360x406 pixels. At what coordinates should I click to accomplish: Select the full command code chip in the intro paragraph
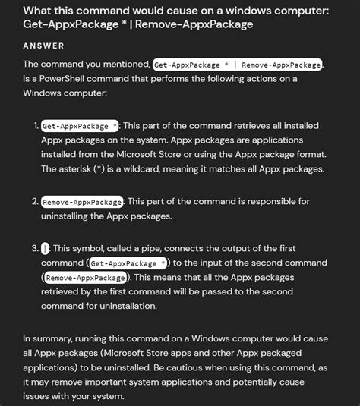click(x=237, y=65)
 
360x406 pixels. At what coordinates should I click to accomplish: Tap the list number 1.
click(x=36, y=125)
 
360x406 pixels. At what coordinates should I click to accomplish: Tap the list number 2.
click(x=36, y=202)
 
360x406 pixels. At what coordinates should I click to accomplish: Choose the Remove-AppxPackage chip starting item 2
click(x=83, y=202)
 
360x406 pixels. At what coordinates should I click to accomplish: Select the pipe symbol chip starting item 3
click(x=46, y=249)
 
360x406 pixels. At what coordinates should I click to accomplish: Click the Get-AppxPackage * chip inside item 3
click(x=128, y=263)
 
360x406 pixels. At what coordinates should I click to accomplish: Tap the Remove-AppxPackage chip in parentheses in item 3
click(x=85, y=278)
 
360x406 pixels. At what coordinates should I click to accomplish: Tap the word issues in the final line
click(x=37, y=397)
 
